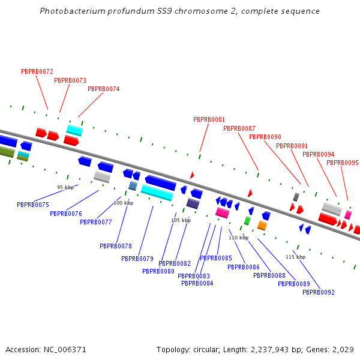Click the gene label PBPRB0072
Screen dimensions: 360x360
(x=37, y=71)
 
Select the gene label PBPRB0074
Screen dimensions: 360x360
(x=104, y=89)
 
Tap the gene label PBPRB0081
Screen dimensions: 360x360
(x=209, y=119)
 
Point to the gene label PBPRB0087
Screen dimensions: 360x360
(x=239, y=128)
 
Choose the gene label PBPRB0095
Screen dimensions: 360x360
(x=343, y=163)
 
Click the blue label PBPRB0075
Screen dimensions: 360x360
(x=33, y=205)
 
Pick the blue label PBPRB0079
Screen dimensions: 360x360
(x=137, y=259)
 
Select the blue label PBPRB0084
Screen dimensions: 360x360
(x=197, y=283)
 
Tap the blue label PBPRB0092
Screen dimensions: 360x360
(x=319, y=292)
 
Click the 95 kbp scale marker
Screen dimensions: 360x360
(x=65, y=187)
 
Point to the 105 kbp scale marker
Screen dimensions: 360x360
(x=181, y=220)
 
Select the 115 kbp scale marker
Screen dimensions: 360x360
(x=295, y=257)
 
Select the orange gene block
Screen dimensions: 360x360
(x=262, y=226)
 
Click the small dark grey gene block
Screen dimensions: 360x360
(x=296, y=197)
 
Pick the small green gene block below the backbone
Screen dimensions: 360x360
(x=247, y=221)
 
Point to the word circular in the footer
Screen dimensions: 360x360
(x=205, y=349)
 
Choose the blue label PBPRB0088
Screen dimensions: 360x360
(x=269, y=275)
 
